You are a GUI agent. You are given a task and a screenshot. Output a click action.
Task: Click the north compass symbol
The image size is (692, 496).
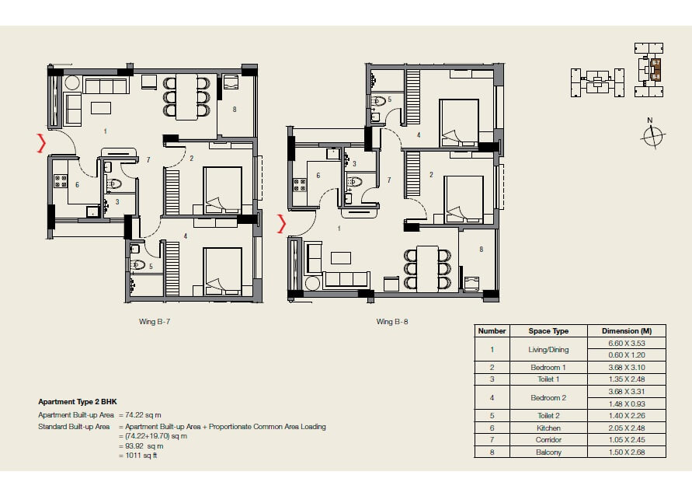(654, 137)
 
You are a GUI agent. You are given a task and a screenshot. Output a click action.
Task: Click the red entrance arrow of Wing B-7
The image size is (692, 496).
(41, 143)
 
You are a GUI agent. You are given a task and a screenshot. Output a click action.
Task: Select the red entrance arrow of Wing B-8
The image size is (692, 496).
(282, 225)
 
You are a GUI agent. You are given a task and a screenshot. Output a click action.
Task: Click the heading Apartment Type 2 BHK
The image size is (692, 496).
(78, 402)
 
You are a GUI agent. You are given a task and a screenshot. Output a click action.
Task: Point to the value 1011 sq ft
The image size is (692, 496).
(144, 455)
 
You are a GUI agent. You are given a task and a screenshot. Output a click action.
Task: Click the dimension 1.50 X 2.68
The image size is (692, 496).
(627, 452)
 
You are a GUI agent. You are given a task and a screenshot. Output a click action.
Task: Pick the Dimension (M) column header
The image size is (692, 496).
(627, 330)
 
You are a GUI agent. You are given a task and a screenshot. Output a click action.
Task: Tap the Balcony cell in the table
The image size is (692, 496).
(549, 452)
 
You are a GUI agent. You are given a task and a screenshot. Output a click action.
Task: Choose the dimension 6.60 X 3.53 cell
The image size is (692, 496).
(627, 343)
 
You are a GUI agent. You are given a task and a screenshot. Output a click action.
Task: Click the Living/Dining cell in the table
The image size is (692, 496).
(549, 348)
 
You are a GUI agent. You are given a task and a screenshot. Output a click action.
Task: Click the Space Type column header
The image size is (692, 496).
(549, 330)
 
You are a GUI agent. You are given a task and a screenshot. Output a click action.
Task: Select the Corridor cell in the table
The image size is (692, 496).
(549, 439)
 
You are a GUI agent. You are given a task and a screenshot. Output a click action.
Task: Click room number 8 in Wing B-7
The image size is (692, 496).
(234, 110)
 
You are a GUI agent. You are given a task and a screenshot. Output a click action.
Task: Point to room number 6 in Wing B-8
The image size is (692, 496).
(318, 176)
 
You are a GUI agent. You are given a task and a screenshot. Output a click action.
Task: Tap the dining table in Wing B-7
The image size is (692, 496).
(187, 97)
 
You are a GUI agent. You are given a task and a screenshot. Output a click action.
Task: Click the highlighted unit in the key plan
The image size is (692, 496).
(655, 70)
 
